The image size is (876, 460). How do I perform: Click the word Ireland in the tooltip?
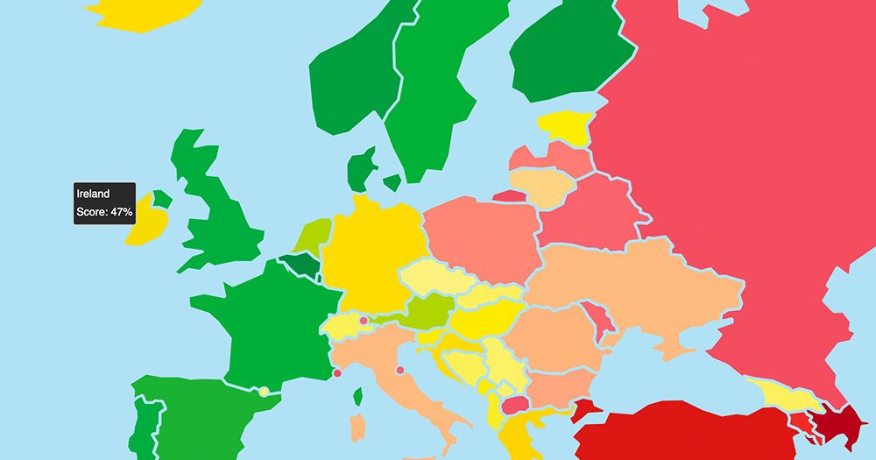(93, 194)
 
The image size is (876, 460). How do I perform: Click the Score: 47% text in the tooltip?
(104, 212)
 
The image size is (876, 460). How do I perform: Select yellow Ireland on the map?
(145, 224)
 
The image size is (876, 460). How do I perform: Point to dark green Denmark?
(359, 171)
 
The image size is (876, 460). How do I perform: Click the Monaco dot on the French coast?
(337, 374)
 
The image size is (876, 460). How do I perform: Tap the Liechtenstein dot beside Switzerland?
(364, 321)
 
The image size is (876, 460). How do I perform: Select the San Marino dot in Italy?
(400, 371)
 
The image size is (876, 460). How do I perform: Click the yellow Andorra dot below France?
(263, 392)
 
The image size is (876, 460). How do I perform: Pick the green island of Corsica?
(358, 397)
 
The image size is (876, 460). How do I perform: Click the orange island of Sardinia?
(357, 428)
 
